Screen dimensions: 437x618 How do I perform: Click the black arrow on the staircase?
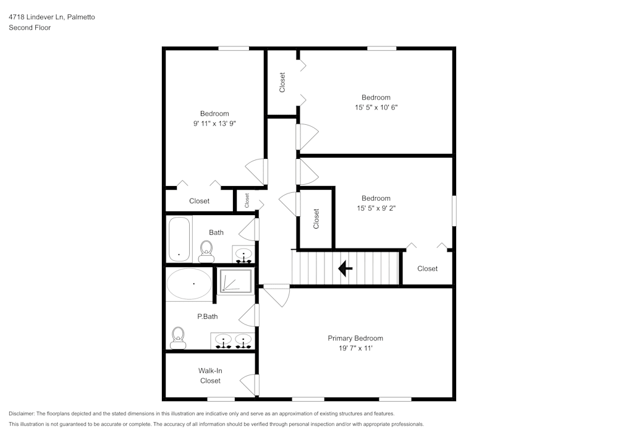(x=345, y=269)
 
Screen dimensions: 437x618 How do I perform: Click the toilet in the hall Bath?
(x=206, y=250)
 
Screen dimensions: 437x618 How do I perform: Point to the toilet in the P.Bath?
(x=179, y=336)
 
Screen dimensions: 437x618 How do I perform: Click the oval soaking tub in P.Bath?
(x=189, y=284)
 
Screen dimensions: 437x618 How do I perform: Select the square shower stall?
(x=235, y=281)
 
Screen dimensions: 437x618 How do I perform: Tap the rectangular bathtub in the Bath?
(x=179, y=239)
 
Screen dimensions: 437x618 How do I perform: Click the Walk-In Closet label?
(x=210, y=376)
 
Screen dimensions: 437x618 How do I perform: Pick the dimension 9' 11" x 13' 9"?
(x=214, y=124)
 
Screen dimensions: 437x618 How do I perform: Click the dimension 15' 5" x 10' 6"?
(x=376, y=107)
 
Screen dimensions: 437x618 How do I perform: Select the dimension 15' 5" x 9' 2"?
(x=376, y=208)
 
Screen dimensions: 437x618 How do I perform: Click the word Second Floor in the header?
(x=30, y=28)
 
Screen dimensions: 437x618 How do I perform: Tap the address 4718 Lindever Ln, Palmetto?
(x=51, y=17)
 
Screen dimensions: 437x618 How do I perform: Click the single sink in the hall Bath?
(x=243, y=254)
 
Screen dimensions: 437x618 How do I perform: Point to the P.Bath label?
(x=207, y=316)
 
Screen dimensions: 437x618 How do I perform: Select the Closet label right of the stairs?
(x=427, y=268)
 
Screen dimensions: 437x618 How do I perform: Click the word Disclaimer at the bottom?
(x=22, y=414)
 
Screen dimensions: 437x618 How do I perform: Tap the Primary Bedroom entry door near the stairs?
(x=276, y=294)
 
